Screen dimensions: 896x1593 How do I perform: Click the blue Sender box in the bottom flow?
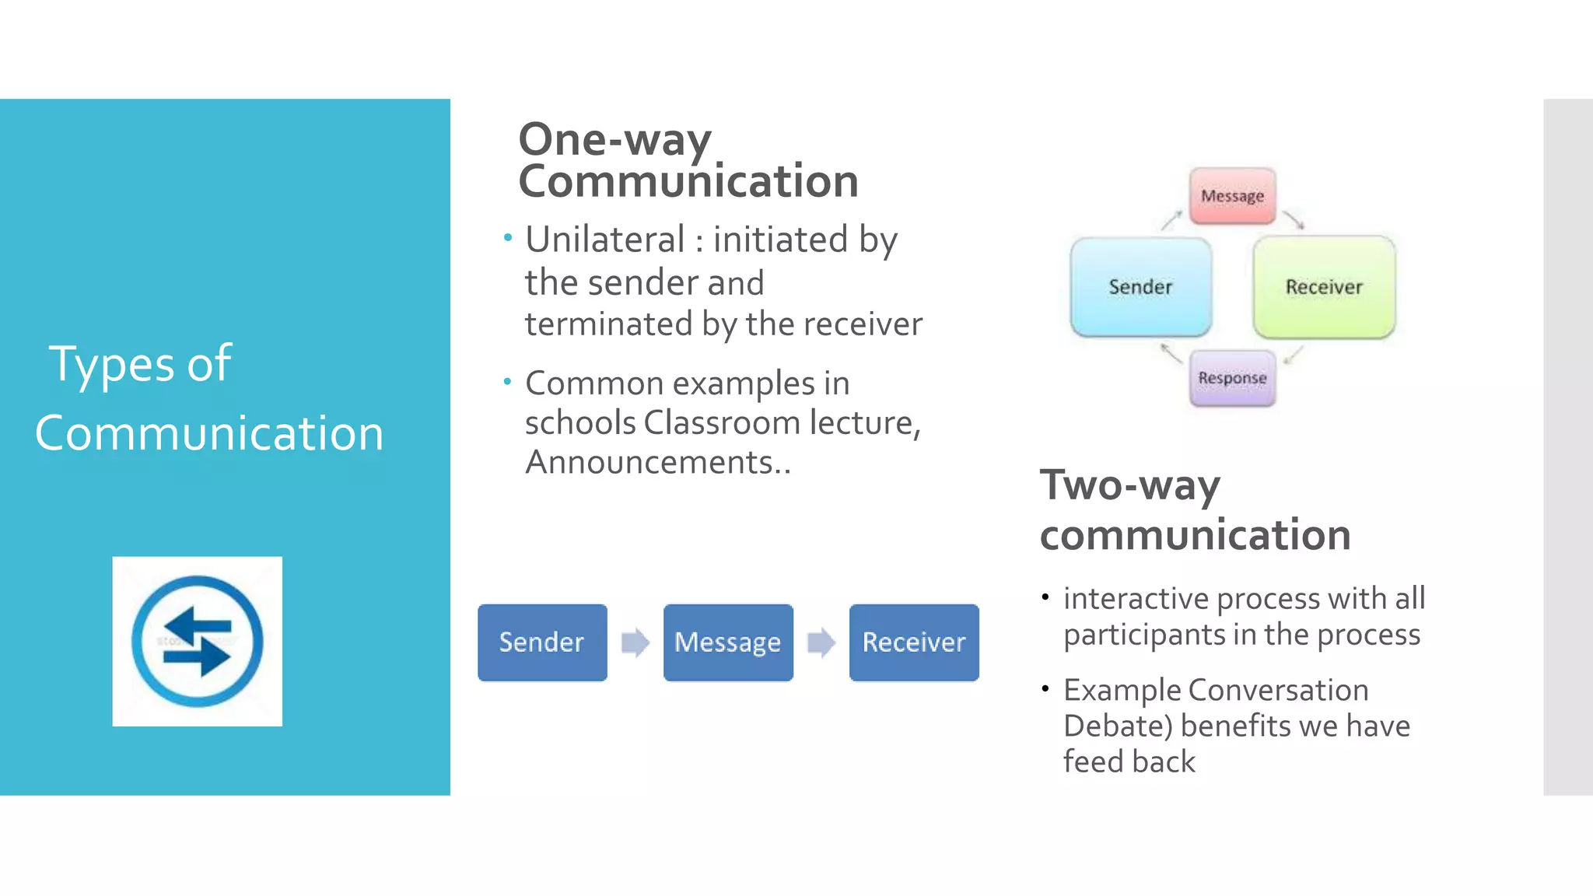tap(542, 642)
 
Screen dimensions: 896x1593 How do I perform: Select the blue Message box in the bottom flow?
tap(728, 642)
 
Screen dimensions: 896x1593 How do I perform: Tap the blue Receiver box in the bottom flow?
tap(914, 642)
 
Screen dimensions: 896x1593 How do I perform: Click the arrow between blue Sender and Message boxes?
tap(635, 642)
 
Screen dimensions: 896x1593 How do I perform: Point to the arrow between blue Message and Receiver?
tap(821, 642)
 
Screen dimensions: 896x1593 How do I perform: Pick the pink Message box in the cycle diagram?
tap(1232, 196)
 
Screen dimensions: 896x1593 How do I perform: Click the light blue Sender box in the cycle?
tap(1140, 287)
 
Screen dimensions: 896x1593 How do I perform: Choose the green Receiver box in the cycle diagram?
tap(1324, 287)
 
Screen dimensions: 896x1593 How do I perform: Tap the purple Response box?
tap(1232, 378)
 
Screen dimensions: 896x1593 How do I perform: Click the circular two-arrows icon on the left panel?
tap(198, 642)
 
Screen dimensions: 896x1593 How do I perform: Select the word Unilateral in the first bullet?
tap(604, 240)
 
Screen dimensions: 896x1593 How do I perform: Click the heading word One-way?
tap(614, 140)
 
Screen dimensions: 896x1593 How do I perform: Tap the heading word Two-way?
tap(1129, 485)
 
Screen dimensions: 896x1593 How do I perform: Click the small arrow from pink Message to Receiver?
tap(1294, 220)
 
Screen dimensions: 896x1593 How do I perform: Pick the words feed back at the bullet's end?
tap(1129, 761)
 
